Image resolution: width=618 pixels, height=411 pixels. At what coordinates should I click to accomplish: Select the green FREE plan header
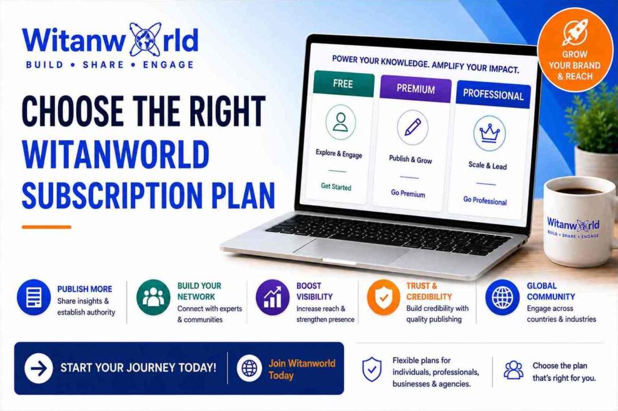coord(343,84)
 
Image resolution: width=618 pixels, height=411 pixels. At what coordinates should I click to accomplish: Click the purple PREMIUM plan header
coord(415,89)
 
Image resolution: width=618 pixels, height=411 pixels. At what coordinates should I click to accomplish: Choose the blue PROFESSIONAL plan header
coord(493,95)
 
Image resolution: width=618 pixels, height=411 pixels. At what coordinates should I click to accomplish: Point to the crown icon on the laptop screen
coord(489,133)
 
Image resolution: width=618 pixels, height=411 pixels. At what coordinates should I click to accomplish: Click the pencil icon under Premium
coord(412,127)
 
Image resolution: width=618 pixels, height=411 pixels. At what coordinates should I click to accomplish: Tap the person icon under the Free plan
coord(340,122)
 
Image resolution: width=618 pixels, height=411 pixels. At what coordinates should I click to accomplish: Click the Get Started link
coord(336,186)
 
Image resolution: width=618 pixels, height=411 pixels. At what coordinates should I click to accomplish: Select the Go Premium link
coord(408,193)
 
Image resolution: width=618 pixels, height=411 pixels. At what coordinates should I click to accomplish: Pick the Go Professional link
coord(485,200)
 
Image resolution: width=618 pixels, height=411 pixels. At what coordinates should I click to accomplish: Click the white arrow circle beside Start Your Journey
coord(39,368)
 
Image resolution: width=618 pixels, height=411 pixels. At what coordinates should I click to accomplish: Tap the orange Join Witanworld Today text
coord(302,369)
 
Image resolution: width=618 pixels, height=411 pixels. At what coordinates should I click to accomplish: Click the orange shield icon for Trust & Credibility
coord(383,298)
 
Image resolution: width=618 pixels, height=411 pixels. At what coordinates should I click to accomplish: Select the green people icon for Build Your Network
coord(153,298)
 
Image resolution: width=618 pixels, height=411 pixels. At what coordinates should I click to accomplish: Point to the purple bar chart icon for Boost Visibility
coord(273,298)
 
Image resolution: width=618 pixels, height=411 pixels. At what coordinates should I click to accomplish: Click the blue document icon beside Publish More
coord(34,298)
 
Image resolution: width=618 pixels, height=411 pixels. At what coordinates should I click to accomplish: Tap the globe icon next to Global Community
coord(502,298)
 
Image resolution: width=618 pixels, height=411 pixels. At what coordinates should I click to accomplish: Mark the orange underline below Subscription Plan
coord(46,227)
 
